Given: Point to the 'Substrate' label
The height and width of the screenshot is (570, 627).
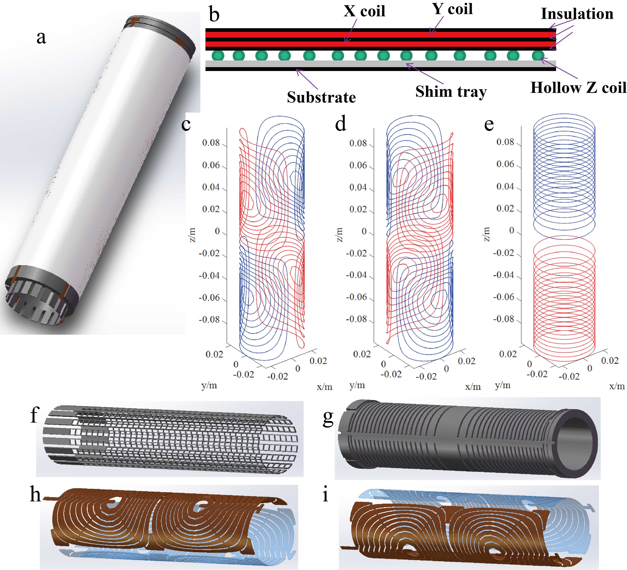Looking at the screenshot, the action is point(321,97).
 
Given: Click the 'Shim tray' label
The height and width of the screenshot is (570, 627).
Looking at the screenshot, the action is point(451,92).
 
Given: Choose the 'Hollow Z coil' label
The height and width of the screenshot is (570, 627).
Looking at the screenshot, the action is point(578,88).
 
